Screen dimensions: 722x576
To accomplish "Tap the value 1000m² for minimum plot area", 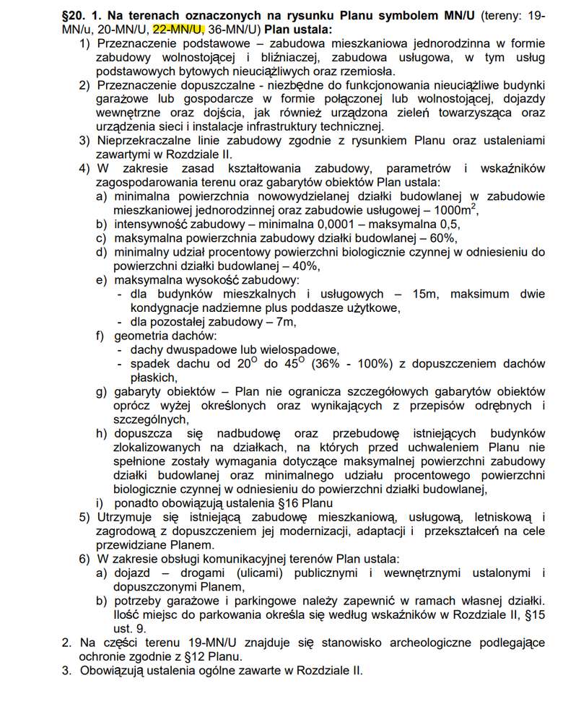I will [453, 210].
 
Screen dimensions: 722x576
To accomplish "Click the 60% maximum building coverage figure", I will [443, 238].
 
